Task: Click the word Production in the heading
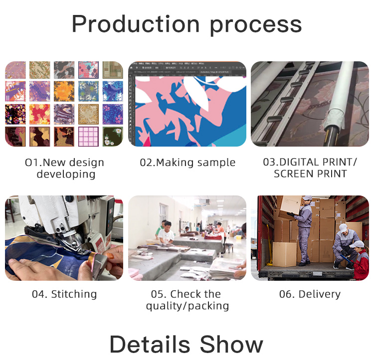point(136,24)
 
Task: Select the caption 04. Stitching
point(64,294)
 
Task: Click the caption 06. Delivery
point(310,294)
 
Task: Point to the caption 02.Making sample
point(187,163)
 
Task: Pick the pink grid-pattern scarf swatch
point(88,137)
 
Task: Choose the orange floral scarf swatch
point(64,91)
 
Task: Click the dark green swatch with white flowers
point(113,137)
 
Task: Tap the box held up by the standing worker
point(291,205)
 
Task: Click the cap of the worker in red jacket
point(357,244)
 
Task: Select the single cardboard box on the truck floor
point(284,254)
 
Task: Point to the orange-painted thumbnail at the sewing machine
point(110,256)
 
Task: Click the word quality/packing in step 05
point(187,306)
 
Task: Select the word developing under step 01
point(66,175)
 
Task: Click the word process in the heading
point(256,25)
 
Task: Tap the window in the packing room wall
point(163,212)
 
